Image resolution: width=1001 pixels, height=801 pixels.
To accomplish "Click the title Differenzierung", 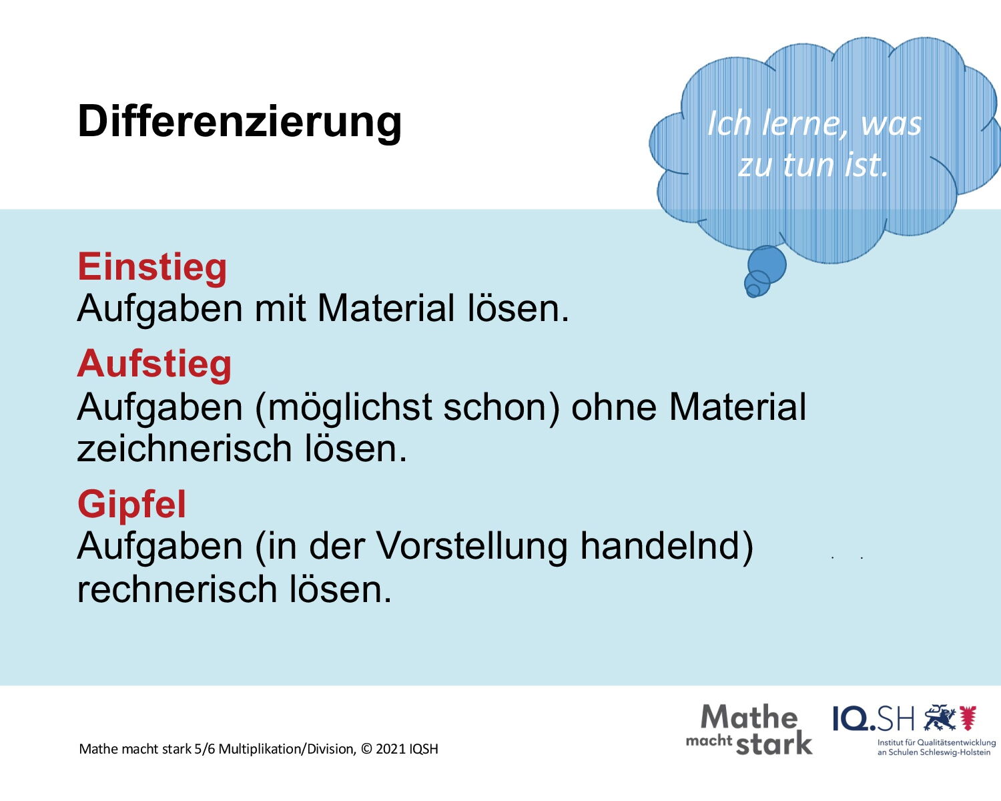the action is click(x=240, y=122).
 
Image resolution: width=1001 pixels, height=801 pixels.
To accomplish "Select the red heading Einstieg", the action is click(x=152, y=267).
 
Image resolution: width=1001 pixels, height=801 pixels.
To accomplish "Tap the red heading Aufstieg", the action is click(x=154, y=364).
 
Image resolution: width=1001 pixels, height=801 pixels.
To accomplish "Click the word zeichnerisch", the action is click(x=185, y=448).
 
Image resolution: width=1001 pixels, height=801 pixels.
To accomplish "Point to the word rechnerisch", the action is click(x=178, y=589).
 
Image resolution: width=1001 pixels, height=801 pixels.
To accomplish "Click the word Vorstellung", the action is click(x=472, y=545).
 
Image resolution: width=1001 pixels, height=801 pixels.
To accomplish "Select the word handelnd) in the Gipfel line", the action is click(x=667, y=545).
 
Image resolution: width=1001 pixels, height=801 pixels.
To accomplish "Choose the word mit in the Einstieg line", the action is click(x=280, y=308).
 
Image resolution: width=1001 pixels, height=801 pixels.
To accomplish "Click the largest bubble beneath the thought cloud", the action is click(x=767, y=264).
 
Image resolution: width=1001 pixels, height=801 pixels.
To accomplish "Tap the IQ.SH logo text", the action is click(x=874, y=718).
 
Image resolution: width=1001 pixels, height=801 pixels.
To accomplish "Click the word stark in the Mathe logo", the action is click(x=774, y=743).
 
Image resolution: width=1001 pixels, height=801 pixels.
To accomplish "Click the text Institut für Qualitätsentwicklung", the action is click(x=936, y=743).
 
